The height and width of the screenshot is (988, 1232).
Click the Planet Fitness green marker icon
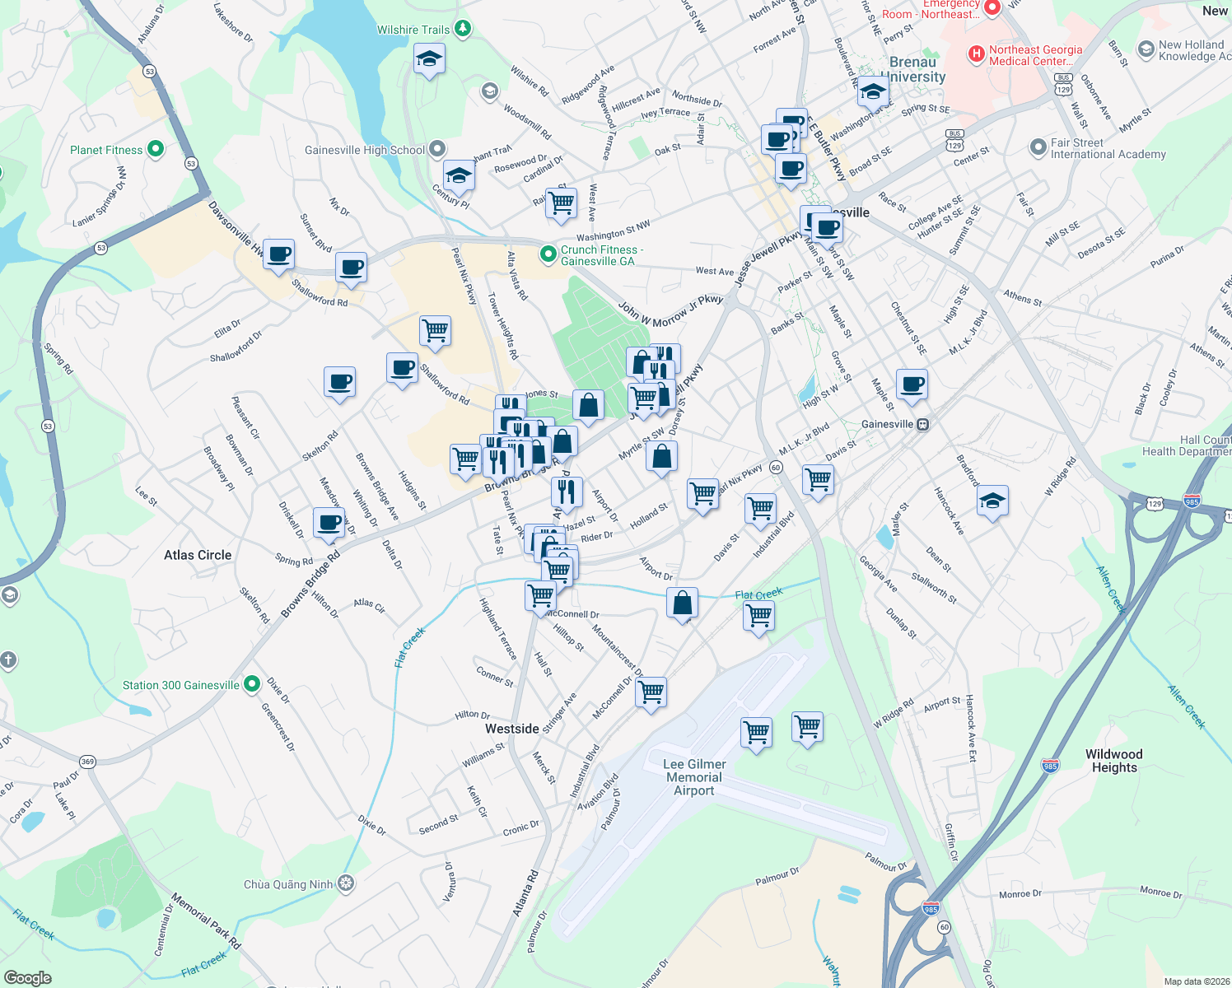tap(156, 150)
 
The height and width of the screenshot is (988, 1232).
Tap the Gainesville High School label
tap(365, 150)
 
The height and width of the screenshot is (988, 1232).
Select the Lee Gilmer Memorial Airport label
tap(694, 777)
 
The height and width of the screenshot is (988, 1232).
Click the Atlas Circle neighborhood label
tap(198, 555)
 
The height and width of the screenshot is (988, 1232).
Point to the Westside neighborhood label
tap(512, 729)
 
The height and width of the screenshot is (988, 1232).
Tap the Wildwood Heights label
tap(1114, 761)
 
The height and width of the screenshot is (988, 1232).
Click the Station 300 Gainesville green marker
tap(252, 685)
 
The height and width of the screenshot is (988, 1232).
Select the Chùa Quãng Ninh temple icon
tap(346, 884)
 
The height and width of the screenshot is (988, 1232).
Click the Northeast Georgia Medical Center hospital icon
tap(976, 54)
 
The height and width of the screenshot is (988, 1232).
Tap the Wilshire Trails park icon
tap(463, 30)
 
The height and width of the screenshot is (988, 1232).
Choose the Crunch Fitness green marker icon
tap(548, 255)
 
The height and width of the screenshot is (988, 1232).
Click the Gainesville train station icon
tap(923, 424)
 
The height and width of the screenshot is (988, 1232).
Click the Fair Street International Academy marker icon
tap(1038, 148)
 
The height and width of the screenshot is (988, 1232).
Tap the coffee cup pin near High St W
tap(912, 384)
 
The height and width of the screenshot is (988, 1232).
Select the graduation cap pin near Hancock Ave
tap(992, 501)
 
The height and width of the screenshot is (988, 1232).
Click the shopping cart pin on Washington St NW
tap(561, 202)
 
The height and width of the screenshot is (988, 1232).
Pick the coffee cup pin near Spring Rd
tap(329, 522)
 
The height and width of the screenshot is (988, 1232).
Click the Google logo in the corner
tap(28, 977)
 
